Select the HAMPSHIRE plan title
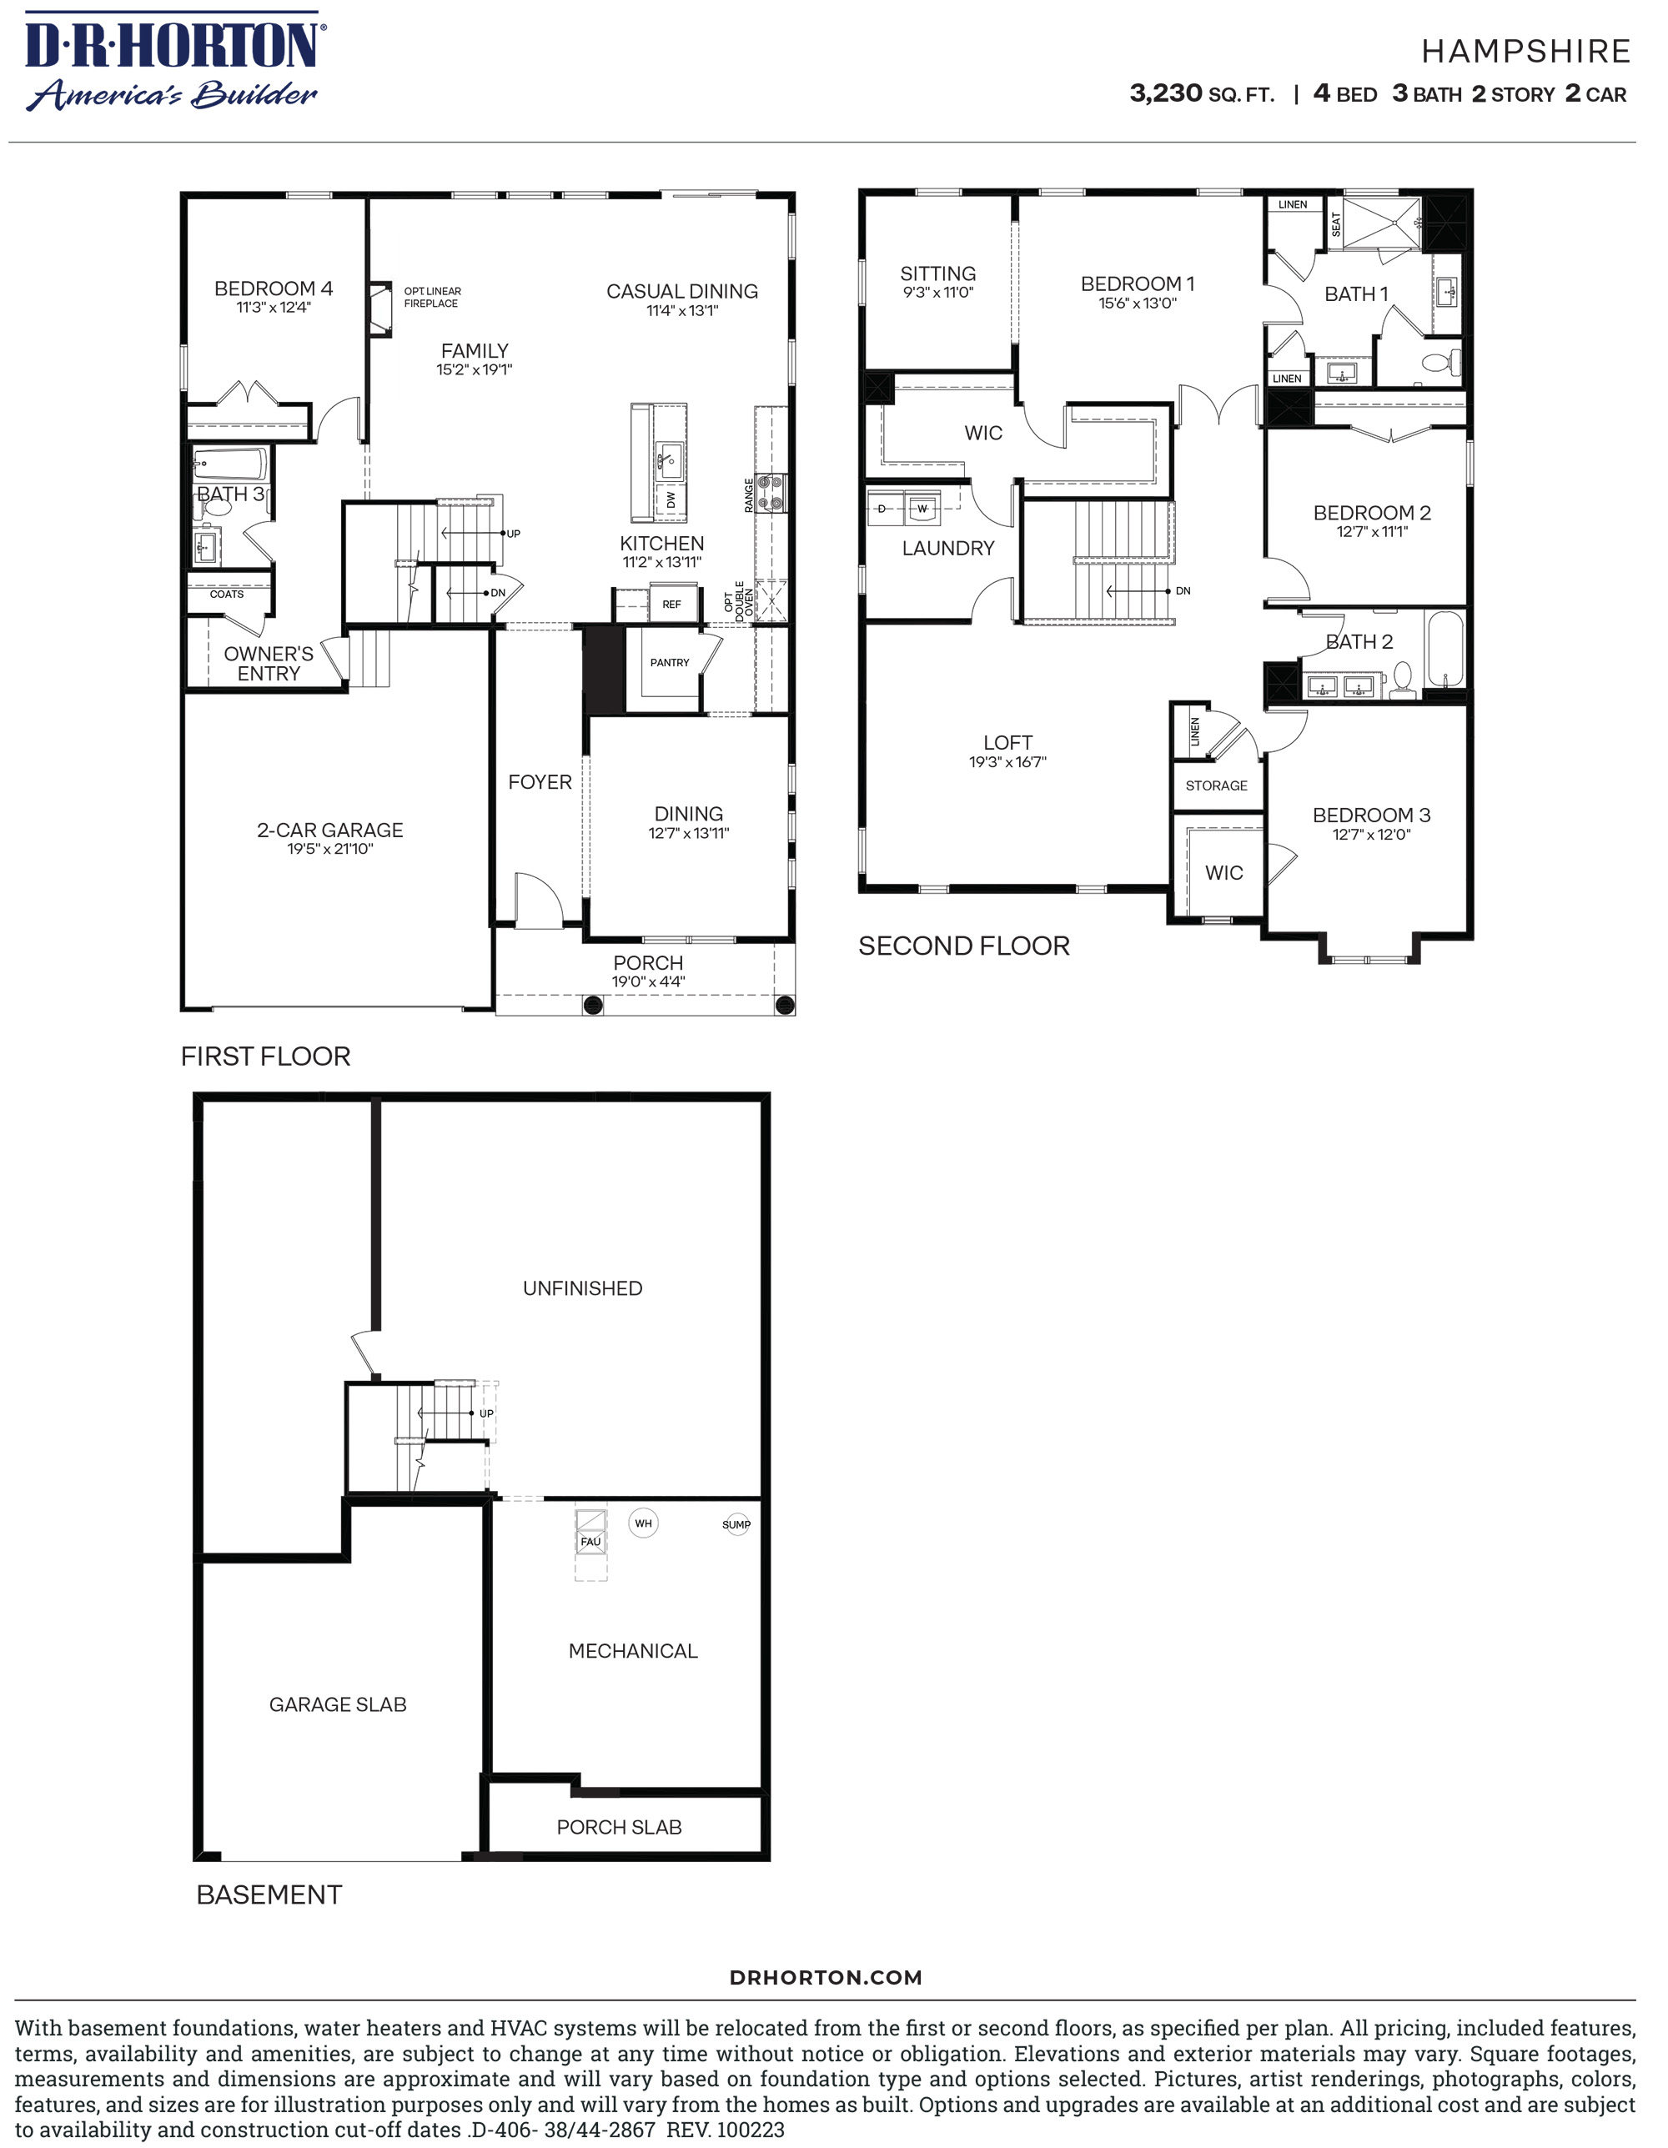1525,51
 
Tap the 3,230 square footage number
1165,93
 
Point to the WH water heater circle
642,1523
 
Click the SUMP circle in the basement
736,1524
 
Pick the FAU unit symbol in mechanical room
590,1540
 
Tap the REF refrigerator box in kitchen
671,604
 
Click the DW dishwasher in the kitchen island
671,499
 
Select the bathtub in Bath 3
231,464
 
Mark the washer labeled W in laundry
922,509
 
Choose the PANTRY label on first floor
670,663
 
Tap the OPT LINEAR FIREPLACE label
432,297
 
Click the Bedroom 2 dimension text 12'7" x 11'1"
1371,531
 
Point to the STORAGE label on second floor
1216,785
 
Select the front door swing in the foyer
537,900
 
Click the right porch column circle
784,1005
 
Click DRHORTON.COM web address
825,1977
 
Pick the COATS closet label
226,594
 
